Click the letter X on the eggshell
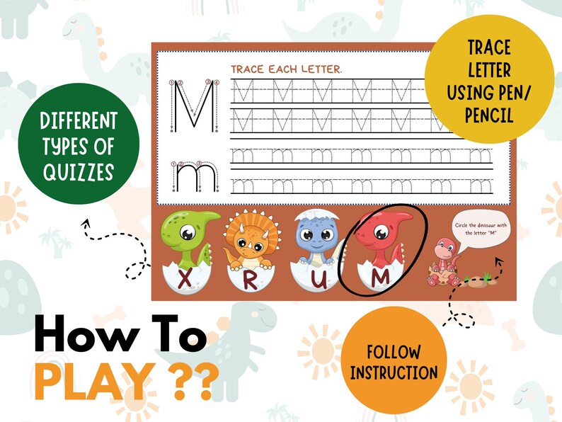(186, 279)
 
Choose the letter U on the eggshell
(318, 280)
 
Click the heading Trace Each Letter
(287, 69)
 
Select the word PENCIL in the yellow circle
(489, 115)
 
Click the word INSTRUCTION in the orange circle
(394, 372)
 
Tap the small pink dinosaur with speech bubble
(442, 262)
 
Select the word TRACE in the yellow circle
(490, 49)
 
